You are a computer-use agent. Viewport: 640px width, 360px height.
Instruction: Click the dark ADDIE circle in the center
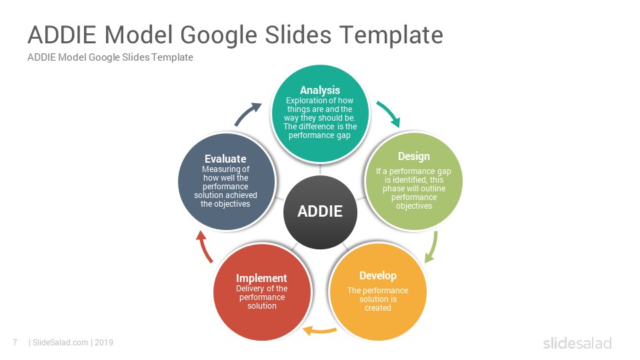(320, 212)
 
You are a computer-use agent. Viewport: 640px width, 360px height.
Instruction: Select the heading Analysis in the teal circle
(320, 90)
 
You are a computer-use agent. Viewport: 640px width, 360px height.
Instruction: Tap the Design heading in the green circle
(414, 156)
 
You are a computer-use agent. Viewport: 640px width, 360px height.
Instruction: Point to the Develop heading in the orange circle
(378, 276)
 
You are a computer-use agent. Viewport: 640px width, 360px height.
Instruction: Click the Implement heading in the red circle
(261, 279)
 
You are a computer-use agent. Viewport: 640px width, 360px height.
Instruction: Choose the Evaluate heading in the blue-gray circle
(225, 159)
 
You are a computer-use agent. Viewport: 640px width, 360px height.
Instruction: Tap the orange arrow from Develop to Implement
(319, 331)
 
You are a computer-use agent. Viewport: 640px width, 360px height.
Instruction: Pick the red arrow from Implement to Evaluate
(204, 246)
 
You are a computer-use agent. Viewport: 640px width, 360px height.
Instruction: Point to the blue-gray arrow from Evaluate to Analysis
(247, 113)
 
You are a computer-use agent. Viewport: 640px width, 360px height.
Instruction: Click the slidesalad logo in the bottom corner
(577, 343)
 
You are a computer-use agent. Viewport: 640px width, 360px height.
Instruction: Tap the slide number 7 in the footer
(15, 343)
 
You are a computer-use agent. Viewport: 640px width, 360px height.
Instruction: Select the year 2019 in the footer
(104, 343)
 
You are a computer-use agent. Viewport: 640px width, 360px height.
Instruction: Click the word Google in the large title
(219, 35)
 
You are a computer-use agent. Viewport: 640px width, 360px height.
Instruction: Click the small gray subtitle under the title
(110, 57)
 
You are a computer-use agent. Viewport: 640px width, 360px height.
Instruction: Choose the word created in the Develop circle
(378, 308)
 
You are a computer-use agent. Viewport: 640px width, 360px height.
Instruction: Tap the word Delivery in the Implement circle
(249, 289)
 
